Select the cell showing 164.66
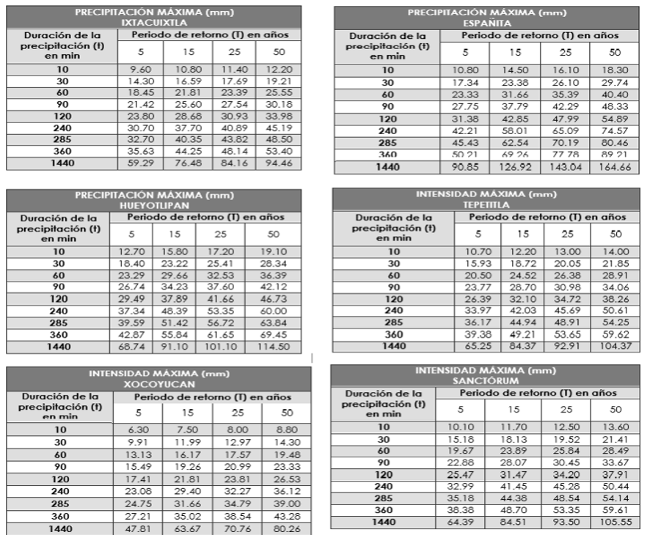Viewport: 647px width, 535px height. coord(615,167)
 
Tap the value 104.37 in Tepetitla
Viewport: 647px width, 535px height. coord(615,346)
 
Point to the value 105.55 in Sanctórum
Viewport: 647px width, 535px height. coord(615,522)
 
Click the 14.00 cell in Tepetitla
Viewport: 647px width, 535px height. coord(615,251)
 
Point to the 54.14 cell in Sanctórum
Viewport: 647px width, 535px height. coord(615,498)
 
